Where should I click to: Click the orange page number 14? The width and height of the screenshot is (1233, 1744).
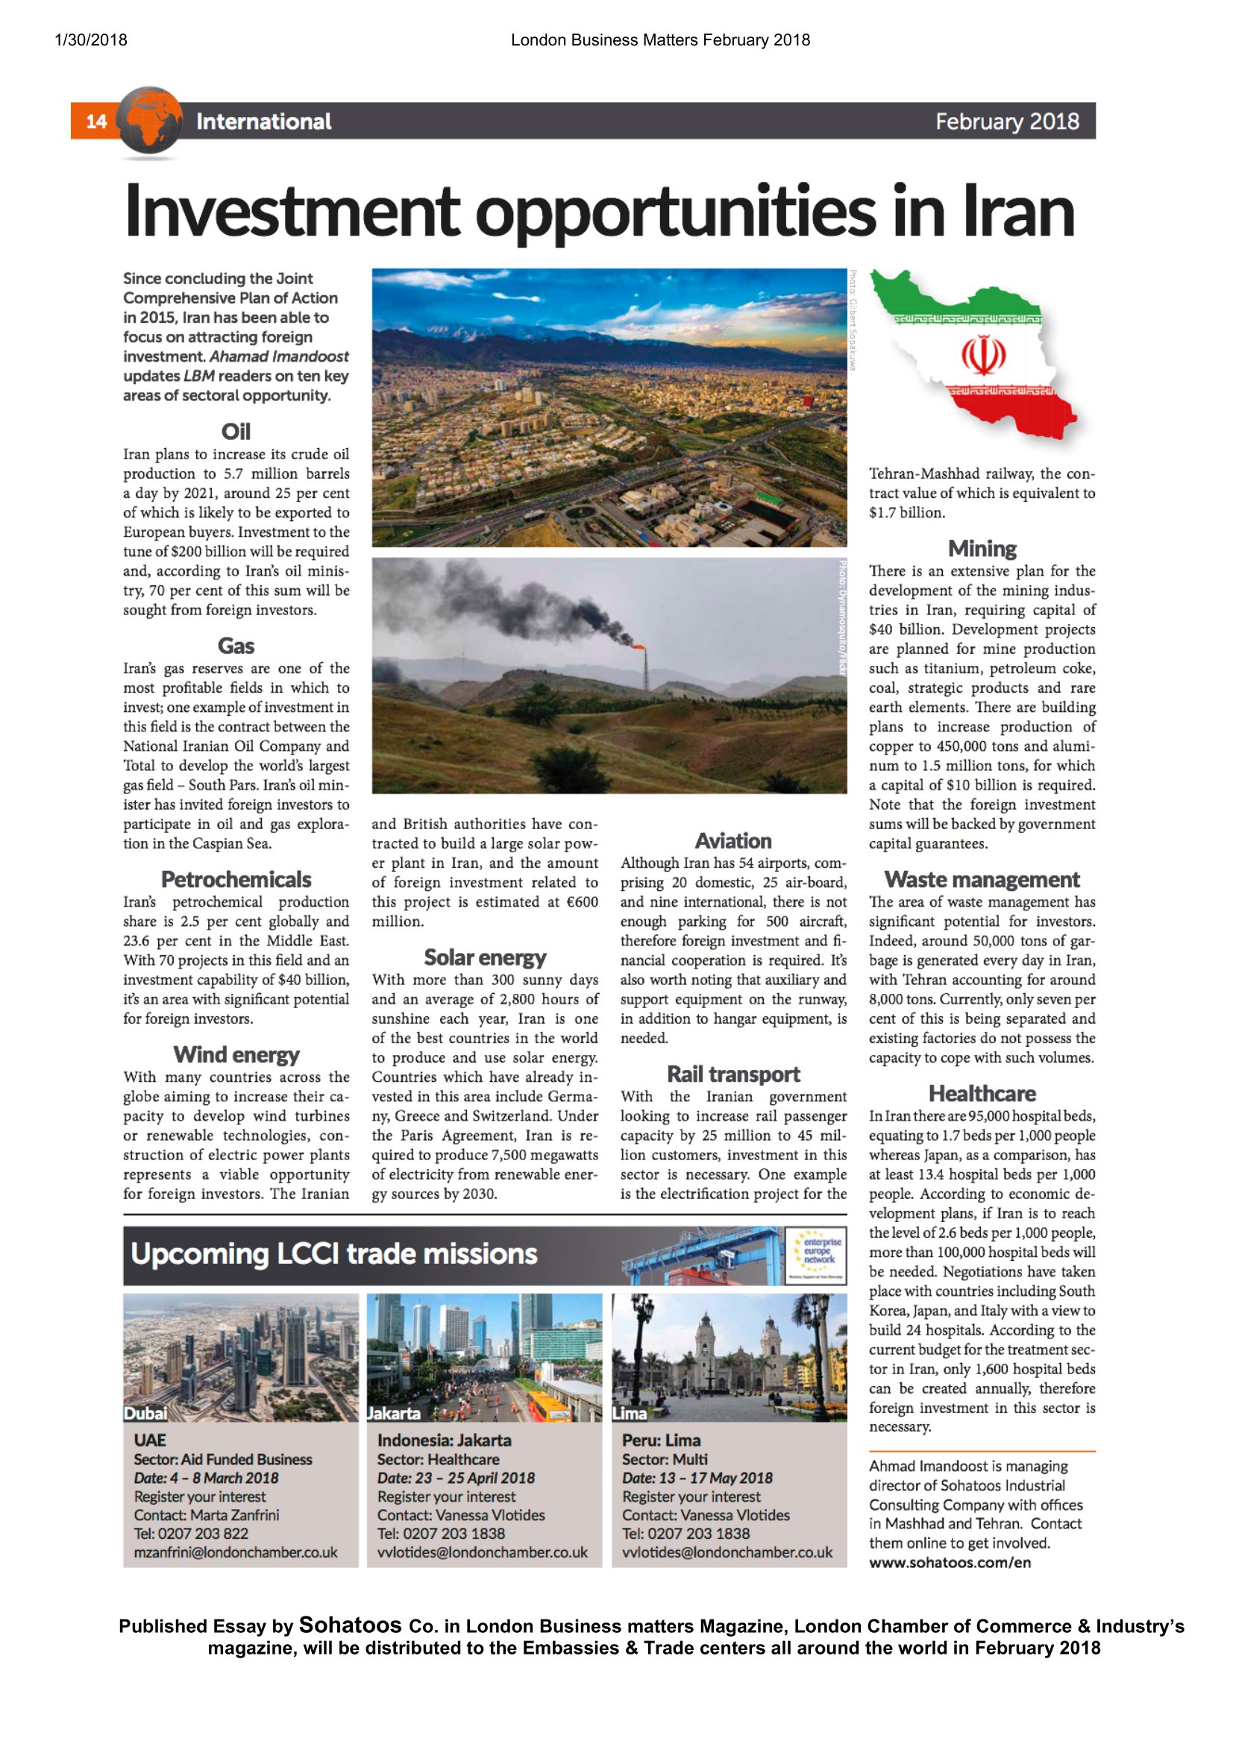coord(96,122)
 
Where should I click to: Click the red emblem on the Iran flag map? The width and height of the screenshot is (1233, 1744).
coord(983,356)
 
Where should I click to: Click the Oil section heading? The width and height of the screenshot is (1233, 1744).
coord(236,432)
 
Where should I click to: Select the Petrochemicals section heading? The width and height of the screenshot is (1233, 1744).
coord(236,880)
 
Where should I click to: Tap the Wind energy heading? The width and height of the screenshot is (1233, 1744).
coord(236,1054)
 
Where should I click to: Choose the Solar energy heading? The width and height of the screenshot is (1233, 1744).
coord(485,957)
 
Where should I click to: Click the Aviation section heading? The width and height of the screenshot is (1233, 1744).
coord(733,841)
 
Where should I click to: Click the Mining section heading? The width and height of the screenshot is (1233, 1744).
coord(982,549)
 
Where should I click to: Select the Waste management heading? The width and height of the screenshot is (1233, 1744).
coord(982,880)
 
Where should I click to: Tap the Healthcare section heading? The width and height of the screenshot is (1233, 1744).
coord(982,1094)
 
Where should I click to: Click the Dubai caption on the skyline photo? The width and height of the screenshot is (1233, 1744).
coord(145,1414)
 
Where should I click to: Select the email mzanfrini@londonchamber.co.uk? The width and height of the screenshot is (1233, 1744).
coord(236,1552)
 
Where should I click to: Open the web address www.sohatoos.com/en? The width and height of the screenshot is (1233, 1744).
coord(950,1563)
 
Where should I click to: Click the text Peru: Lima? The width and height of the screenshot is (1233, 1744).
coord(661,1441)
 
